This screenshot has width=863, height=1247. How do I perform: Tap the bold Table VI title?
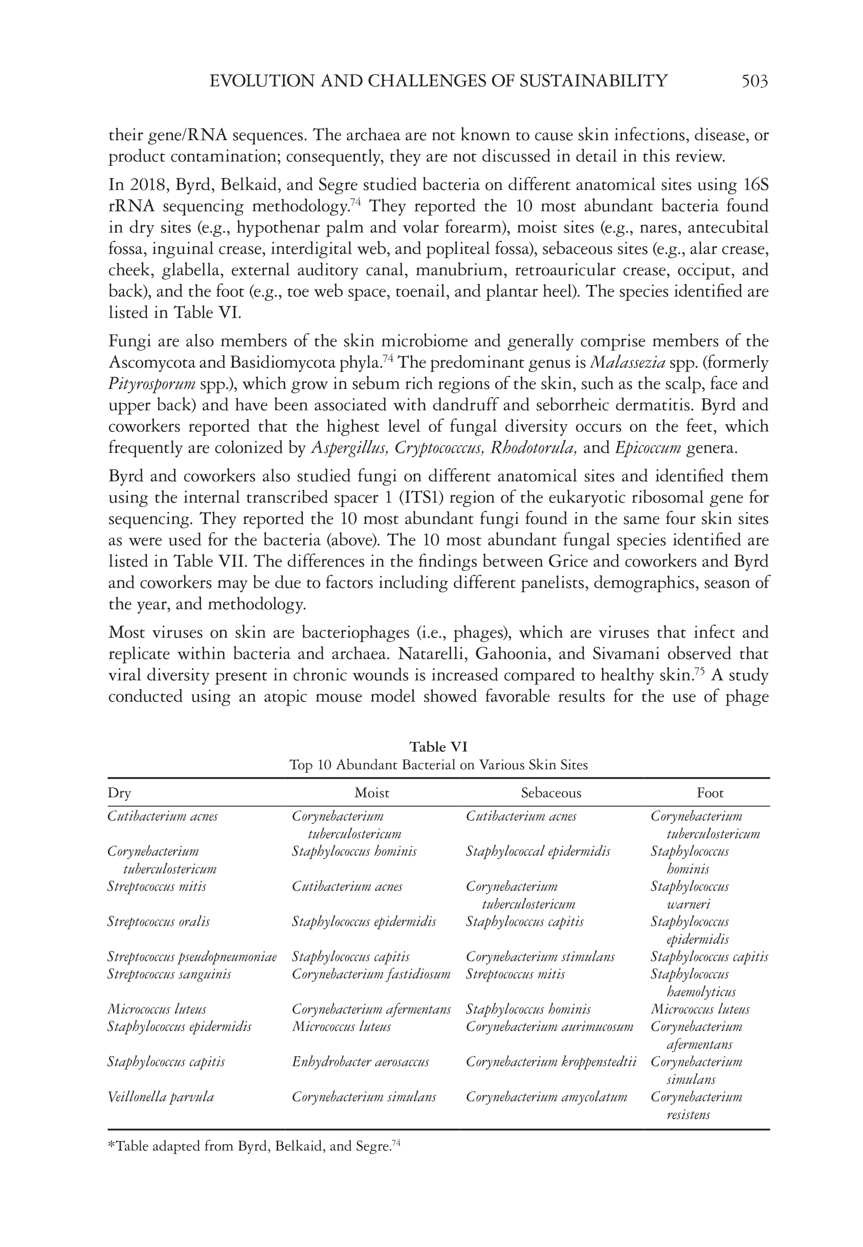tap(438, 747)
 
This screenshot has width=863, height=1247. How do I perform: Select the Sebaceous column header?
tap(551, 793)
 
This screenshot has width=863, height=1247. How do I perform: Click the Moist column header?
tap(371, 793)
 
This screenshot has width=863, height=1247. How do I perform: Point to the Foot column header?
tap(710, 793)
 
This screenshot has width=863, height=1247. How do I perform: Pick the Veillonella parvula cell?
tap(161, 1097)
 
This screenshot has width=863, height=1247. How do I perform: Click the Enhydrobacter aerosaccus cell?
tap(360, 1062)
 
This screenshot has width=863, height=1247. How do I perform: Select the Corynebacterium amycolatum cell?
tap(546, 1097)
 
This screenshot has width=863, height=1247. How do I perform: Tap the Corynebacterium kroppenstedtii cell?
tap(550, 1062)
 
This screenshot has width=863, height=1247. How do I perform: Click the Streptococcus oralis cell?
tap(159, 922)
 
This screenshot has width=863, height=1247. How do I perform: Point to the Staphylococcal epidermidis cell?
tap(538, 851)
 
